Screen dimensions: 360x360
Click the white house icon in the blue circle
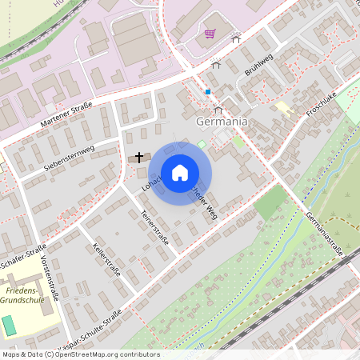click(180, 172)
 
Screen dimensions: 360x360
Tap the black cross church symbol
click(140, 158)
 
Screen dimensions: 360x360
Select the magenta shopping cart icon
click(210, 34)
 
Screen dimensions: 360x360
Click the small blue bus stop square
click(208, 92)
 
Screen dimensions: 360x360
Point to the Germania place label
click(220, 122)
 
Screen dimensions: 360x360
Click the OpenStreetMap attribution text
click(80, 354)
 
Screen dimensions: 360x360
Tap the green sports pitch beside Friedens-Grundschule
click(8, 326)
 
